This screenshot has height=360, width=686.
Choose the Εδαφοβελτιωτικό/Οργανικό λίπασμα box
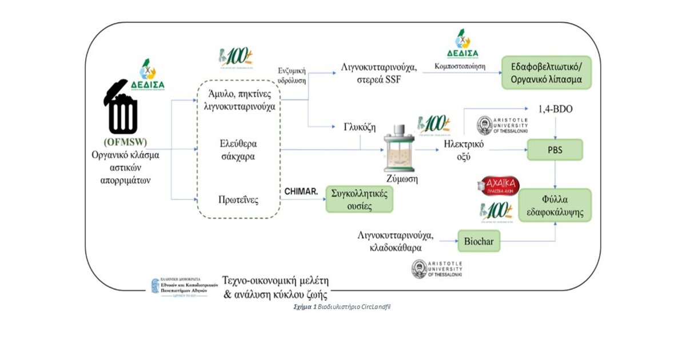[x=546, y=73]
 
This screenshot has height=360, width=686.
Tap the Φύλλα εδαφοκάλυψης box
[x=555, y=205]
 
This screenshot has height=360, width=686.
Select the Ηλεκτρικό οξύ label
[x=464, y=150]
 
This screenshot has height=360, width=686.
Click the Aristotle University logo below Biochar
[x=436, y=269]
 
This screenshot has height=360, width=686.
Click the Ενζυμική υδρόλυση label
[x=292, y=76]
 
